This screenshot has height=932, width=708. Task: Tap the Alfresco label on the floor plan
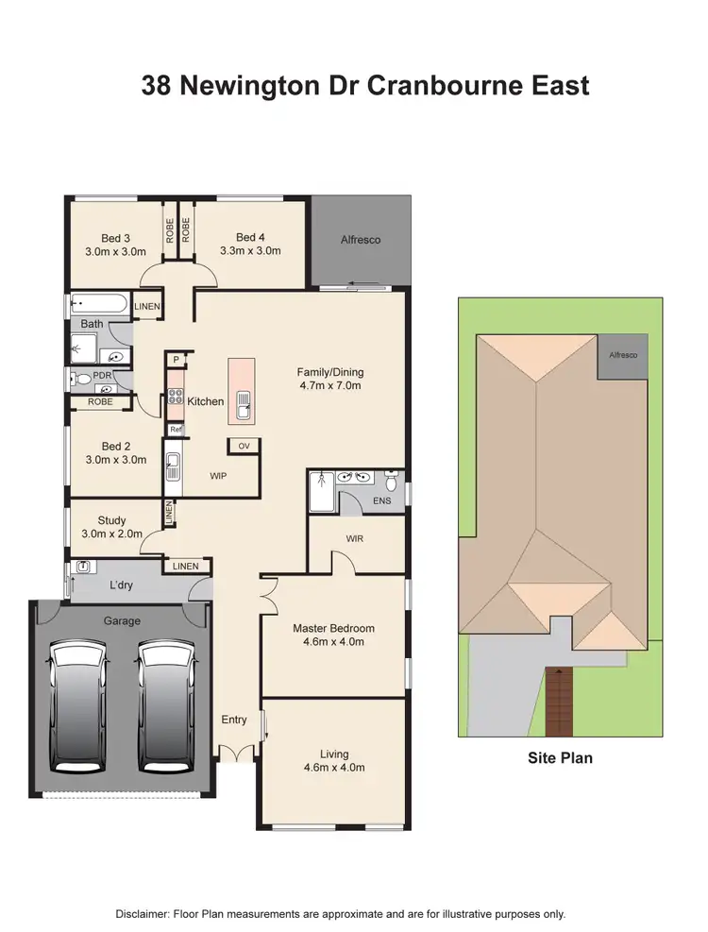coord(361,240)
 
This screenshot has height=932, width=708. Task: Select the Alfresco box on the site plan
coord(622,355)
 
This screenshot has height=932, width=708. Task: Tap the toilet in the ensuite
coord(393,481)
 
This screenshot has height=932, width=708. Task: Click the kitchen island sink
coord(244,404)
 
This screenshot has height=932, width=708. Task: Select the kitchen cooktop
coord(175,398)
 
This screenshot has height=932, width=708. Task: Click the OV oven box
coord(244,446)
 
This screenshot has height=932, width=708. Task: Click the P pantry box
coord(176,360)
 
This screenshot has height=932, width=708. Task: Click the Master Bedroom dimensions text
coord(334,642)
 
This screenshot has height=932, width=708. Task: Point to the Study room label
coord(112,520)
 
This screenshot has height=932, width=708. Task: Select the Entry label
coord(234,720)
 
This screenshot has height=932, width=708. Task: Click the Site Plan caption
coord(560,757)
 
